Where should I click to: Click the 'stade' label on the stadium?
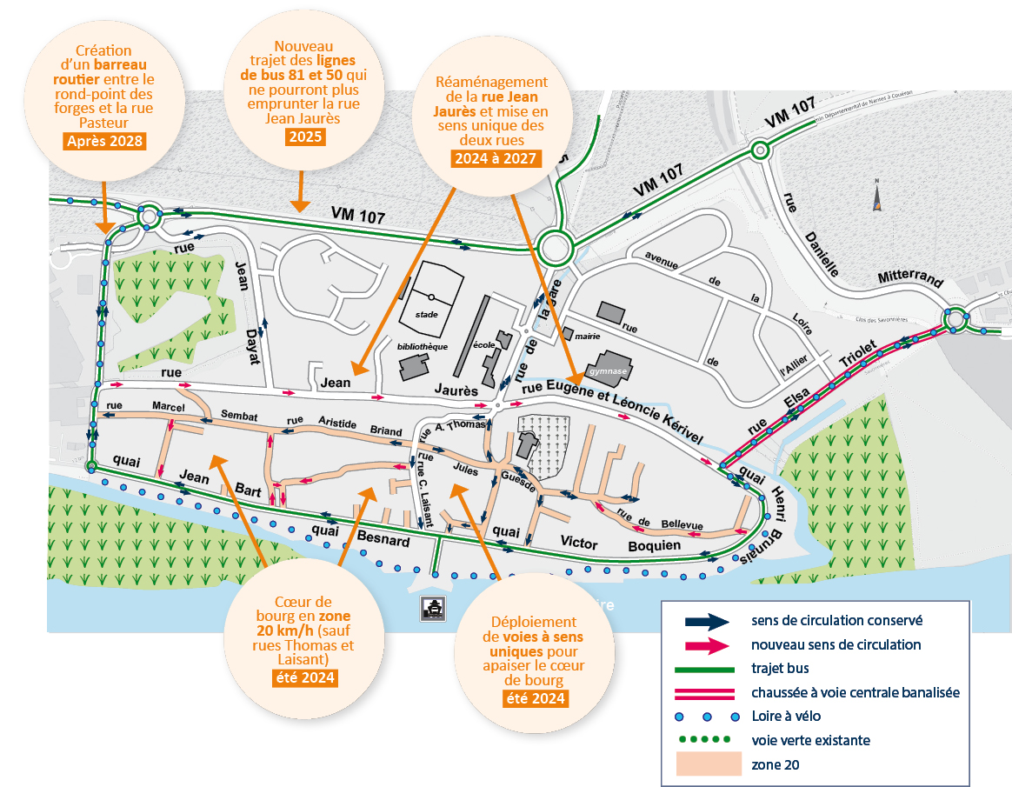pyautogui.click(x=427, y=314)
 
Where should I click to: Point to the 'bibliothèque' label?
pyautogui.click(x=422, y=346)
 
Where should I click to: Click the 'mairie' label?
pyautogui.click(x=589, y=334)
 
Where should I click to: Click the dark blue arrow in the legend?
pyautogui.click(x=706, y=621)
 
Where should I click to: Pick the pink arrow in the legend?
pyautogui.click(x=706, y=645)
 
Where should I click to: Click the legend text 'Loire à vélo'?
pyautogui.click(x=784, y=717)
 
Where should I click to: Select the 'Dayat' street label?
pyautogui.click(x=252, y=346)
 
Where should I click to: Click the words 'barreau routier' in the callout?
pyautogui.click(x=110, y=70)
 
